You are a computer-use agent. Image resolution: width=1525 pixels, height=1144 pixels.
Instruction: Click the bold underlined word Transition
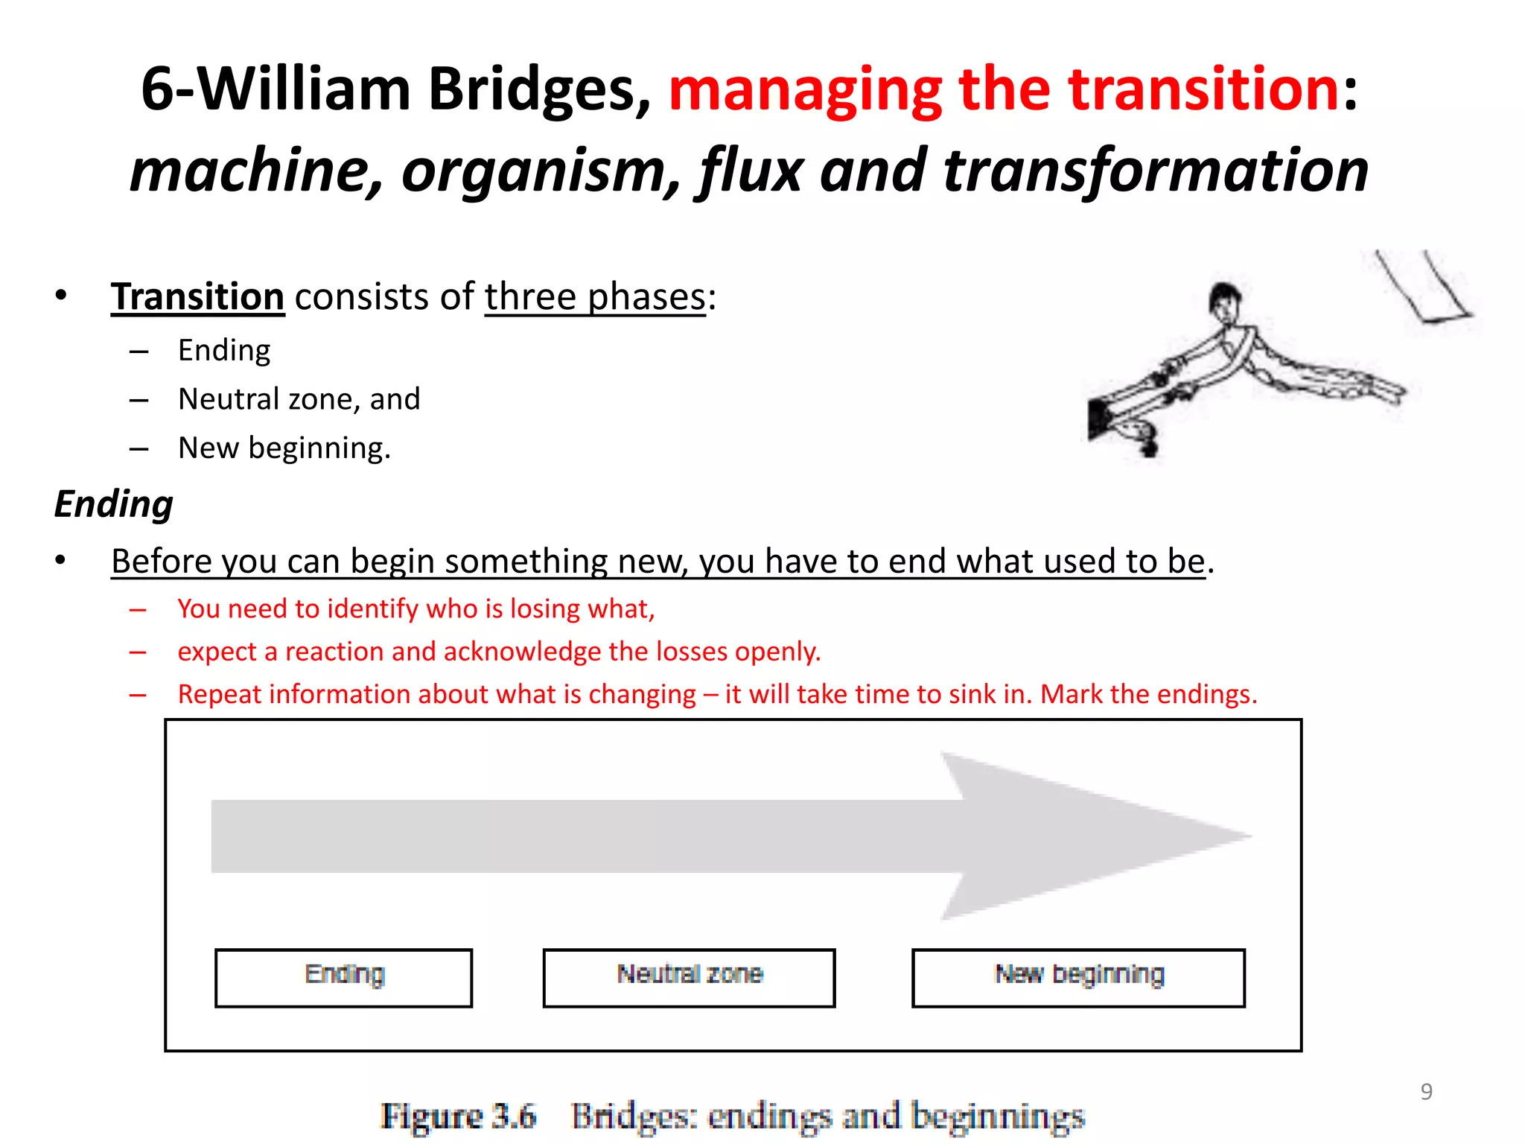point(197,297)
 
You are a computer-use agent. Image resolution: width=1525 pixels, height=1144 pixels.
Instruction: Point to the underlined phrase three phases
point(594,297)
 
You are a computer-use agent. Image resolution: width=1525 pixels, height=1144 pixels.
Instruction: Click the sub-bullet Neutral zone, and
point(299,399)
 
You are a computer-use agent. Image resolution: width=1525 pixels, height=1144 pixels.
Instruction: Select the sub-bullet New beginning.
point(284,448)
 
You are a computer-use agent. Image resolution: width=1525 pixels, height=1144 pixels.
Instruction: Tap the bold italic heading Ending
point(114,504)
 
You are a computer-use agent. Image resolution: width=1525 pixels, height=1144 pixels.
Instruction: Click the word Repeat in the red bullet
point(220,694)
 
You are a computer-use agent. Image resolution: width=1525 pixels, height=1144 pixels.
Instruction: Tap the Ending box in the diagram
point(343,977)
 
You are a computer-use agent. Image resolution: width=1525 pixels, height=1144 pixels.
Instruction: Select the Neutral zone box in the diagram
point(689,977)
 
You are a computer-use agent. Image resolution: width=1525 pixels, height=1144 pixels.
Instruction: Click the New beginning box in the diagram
point(1078,977)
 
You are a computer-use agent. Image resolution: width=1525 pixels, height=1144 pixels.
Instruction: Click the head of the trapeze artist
point(1223,298)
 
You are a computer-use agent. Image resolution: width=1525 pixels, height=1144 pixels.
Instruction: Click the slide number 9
point(1426,1091)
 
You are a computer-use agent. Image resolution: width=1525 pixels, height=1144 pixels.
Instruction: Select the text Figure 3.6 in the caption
point(458,1116)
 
